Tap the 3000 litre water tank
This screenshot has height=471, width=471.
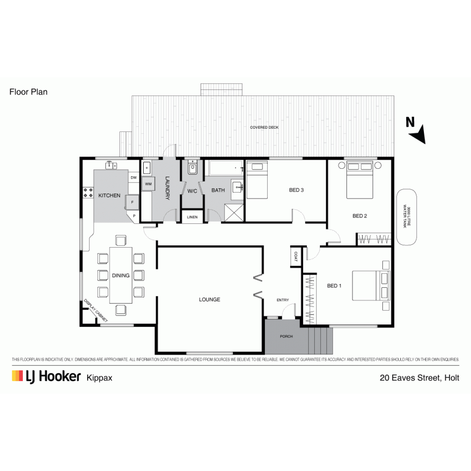407,217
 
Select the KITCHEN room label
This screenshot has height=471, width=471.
109,195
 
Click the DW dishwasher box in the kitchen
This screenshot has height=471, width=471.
134,178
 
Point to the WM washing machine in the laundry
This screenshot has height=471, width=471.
148,184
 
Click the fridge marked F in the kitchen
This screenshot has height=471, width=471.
132,202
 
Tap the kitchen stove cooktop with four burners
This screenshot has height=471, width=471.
88,193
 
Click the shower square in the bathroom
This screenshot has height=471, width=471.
234,213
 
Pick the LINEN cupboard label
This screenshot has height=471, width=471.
192,217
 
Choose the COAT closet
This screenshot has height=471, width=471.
296,256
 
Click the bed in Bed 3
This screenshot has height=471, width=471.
257,180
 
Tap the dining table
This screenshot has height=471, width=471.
121,275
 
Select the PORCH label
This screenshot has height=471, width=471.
286,336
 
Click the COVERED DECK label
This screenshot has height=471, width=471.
264,127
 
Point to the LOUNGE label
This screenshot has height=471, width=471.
210,299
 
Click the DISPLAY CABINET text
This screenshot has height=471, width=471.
95,310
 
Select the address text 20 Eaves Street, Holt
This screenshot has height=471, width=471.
419,378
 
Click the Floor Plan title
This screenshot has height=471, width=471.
28,92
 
